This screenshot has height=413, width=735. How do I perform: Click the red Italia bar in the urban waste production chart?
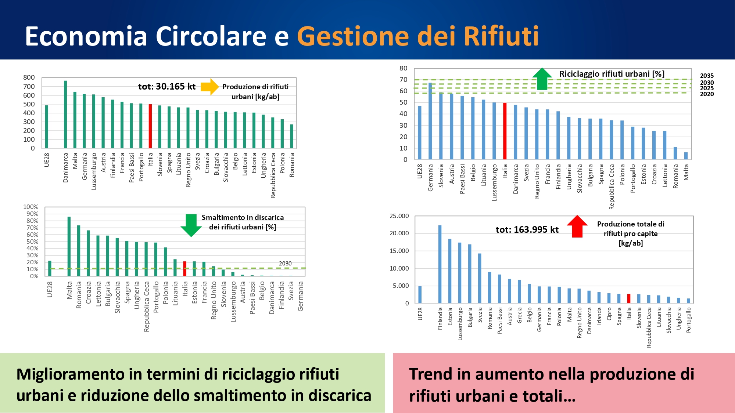(150, 126)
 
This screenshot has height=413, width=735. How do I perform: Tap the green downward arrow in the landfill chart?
(191, 225)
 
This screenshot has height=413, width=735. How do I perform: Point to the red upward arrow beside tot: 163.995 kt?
(577, 226)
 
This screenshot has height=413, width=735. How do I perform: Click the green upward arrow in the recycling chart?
(542, 79)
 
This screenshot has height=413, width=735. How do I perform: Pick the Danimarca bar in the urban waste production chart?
(65, 115)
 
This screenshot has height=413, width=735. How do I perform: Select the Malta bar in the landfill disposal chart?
(69, 246)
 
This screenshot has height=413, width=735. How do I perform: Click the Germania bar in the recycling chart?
(430, 121)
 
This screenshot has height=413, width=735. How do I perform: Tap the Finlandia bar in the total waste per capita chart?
(440, 264)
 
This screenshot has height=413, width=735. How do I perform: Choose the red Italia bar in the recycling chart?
(505, 131)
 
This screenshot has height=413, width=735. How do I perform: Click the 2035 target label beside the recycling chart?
(707, 76)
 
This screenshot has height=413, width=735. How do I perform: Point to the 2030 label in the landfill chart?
(285, 264)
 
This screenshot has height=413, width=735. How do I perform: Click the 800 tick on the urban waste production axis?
(29, 77)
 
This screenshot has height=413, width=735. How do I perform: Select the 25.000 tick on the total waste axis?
(399, 216)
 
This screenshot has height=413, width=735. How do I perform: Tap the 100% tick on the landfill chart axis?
(31, 207)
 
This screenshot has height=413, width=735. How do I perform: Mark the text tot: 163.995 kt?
(527, 230)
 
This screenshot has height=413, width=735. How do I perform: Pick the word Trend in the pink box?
(430, 374)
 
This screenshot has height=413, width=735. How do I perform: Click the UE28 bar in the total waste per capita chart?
(420, 294)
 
